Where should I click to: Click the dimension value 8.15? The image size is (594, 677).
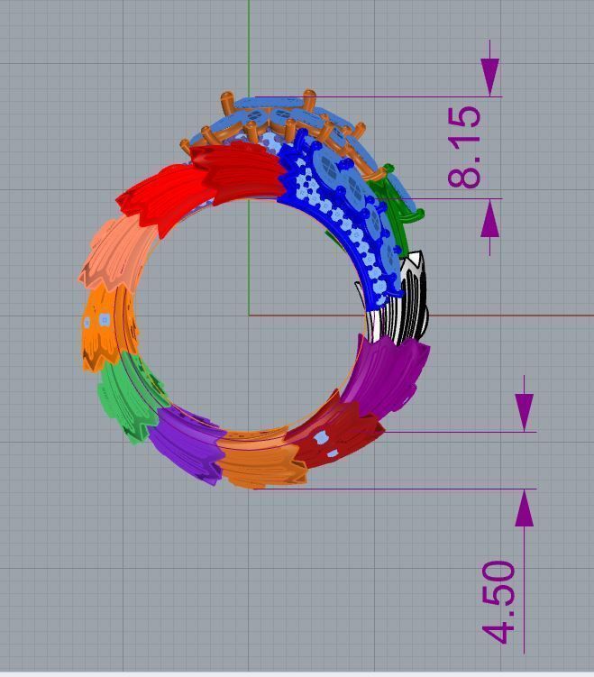[x=465, y=148]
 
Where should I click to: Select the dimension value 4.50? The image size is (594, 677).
[x=501, y=602]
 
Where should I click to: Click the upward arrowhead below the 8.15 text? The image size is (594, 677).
[x=490, y=219]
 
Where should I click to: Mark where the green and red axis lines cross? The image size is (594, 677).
[x=250, y=315]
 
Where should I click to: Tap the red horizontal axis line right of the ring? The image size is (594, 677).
[x=505, y=316]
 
